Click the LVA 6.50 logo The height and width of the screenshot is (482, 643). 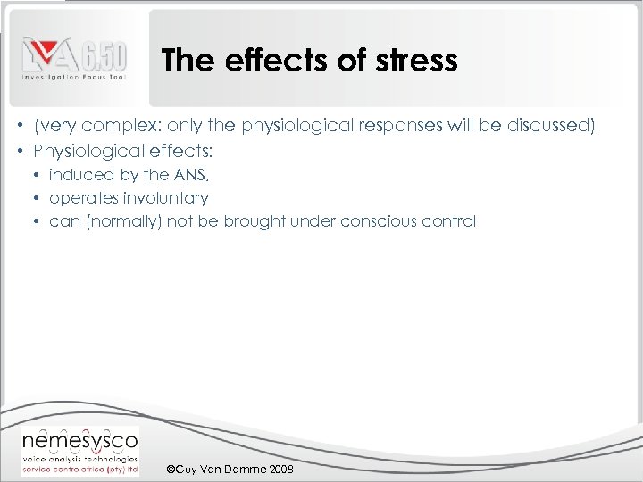[x=75, y=59]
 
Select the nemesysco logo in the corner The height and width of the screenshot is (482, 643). [x=79, y=451]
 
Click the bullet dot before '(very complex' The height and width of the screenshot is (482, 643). [x=20, y=126]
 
